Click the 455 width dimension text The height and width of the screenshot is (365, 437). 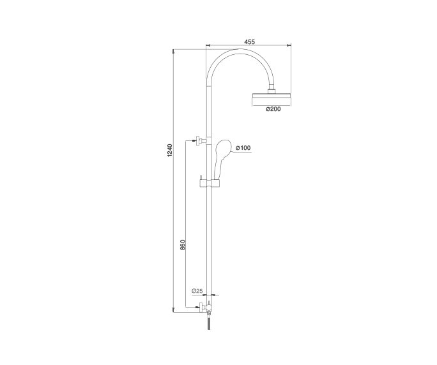tap(249, 41)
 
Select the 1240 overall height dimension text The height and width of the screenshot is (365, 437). tap(170, 152)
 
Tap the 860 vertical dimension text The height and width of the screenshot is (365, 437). tap(182, 244)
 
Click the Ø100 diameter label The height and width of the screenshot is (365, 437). tap(243, 148)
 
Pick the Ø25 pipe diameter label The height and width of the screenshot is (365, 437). tap(197, 291)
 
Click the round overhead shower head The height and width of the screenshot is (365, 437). tap(272, 100)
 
